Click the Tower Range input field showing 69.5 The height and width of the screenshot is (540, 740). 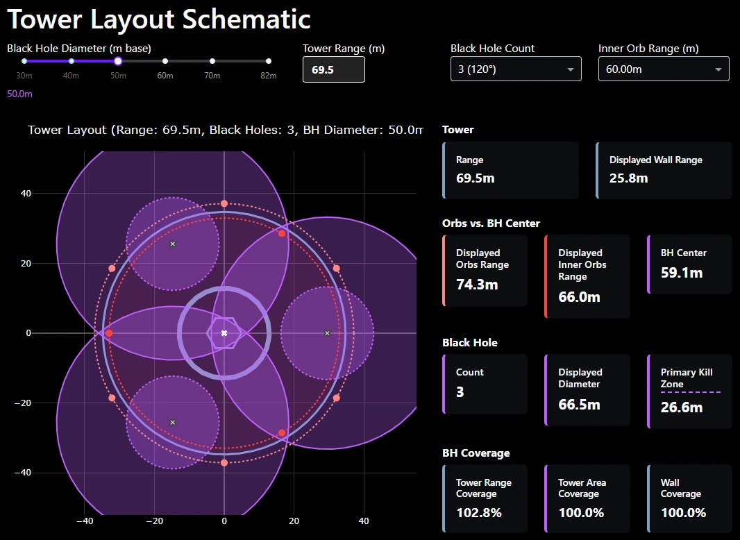[333, 70]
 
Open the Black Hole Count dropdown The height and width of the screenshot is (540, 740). [516, 69]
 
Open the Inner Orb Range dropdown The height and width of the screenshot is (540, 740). [663, 69]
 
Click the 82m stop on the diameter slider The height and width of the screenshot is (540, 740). [269, 61]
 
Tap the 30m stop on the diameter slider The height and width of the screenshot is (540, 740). [24, 61]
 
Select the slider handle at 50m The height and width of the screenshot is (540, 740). [118, 61]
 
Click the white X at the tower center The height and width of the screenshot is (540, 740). [224, 333]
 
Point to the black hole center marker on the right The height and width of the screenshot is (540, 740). [327, 333]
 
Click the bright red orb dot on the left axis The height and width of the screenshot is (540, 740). [109, 333]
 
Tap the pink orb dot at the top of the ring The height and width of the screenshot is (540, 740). [224, 204]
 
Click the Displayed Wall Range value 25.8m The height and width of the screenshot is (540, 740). [628, 178]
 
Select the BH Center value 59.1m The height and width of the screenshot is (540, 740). [681, 273]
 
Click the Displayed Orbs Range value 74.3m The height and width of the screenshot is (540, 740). [476, 285]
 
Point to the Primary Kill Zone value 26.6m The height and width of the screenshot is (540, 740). [681, 407]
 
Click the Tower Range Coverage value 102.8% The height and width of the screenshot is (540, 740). [478, 514]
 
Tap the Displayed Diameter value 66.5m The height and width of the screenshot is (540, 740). [579, 404]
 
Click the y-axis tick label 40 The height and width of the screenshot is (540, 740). [26, 193]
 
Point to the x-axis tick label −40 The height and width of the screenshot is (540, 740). [85, 521]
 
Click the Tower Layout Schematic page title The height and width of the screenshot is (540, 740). [159, 19]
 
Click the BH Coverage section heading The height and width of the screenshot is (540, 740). [476, 453]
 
